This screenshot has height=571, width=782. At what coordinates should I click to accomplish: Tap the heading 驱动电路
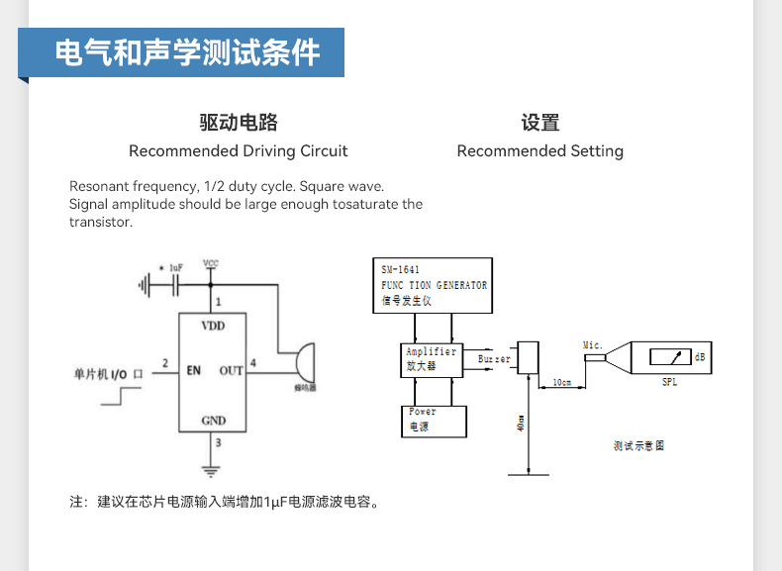[239, 123]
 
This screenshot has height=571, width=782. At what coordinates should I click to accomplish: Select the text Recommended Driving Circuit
[239, 151]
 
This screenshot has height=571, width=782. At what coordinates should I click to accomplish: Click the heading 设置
[540, 123]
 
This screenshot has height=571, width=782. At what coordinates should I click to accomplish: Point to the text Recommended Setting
[540, 151]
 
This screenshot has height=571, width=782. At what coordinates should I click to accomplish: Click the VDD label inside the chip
[213, 326]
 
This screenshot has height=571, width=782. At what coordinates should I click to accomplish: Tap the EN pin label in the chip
[194, 370]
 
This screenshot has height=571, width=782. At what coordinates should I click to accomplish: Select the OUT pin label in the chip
[231, 370]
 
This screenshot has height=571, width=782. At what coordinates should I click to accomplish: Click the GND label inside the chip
[213, 420]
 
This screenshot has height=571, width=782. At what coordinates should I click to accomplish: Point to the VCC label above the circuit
[211, 263]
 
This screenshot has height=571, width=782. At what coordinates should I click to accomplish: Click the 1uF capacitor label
[176, 268]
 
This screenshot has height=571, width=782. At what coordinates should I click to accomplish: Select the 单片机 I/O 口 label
[109, 373]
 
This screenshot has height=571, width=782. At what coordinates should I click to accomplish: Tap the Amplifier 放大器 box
[432, 359]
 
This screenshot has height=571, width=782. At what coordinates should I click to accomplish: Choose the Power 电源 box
[434, 421]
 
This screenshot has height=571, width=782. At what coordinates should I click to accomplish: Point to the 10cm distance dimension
[561, 382]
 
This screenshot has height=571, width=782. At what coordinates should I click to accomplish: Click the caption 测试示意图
[638, 445]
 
